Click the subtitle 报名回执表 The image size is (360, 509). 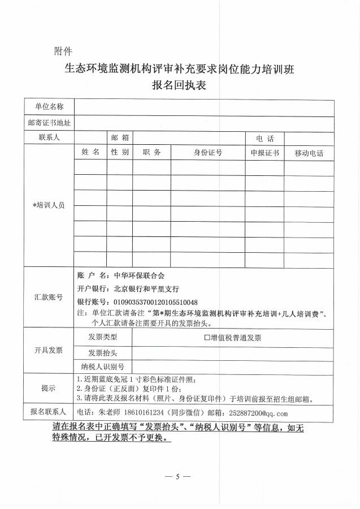[x=180, y=86]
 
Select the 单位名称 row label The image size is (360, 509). [x=49, y=106]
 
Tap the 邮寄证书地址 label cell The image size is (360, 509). [x=49, y=122]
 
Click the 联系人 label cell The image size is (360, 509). [x=49, y=137]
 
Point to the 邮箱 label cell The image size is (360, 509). [x=120, y=137]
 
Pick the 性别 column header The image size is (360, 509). [x=120, y=153]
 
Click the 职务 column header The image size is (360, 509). [x=152, y=153]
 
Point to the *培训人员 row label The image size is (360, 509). [x=49, y=205]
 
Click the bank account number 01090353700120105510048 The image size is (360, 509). [x=156, y=302]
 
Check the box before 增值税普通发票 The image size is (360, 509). [x=207, y=338]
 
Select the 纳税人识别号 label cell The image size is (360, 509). [x=103, y=366]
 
